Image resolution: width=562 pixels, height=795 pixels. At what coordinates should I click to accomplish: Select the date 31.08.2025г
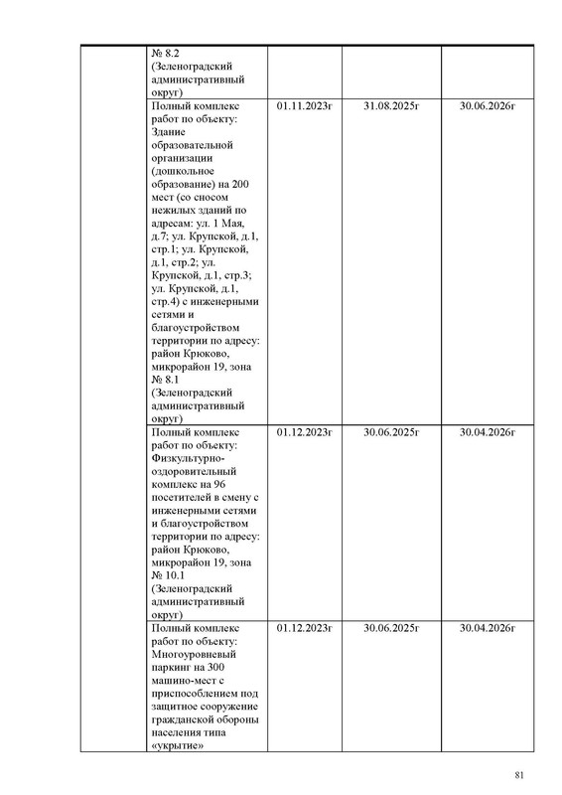(392, 103)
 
